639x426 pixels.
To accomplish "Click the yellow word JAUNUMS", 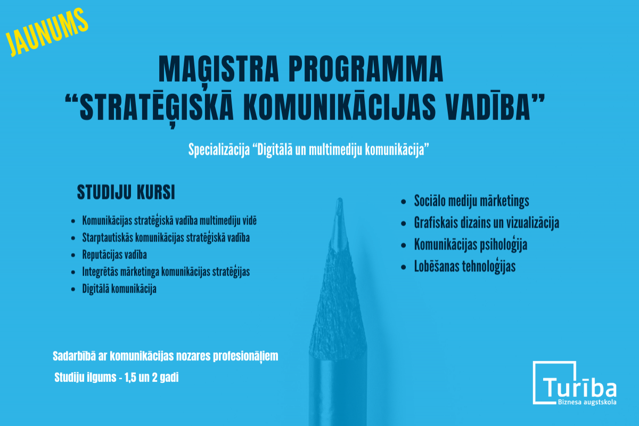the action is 47,32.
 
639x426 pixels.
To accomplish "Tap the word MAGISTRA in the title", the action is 218,69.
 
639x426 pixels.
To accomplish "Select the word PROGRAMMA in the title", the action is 366,69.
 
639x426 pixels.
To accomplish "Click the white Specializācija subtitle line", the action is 309,150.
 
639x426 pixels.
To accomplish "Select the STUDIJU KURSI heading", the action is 126,192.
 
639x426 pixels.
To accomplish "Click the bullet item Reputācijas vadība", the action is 114,254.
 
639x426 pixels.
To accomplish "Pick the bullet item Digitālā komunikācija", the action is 119,288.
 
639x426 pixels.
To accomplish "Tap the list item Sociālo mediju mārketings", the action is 472,201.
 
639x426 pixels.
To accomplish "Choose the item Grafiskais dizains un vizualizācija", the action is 486,223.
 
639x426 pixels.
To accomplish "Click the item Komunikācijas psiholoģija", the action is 470,245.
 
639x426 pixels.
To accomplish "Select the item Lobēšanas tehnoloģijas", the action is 465,266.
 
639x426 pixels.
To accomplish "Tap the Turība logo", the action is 575,383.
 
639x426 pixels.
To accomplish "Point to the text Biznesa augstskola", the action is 587,402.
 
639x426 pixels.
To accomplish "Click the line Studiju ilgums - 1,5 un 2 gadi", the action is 117,377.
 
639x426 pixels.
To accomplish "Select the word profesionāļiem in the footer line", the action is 245,356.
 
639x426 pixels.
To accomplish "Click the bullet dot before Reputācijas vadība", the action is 73,255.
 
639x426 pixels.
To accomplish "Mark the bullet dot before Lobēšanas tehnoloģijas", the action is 404,267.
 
